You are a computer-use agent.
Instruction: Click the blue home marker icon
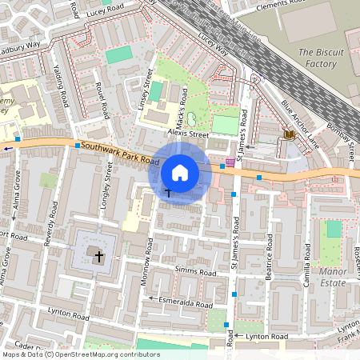(180, 173)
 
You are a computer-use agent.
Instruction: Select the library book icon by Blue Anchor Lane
(289, 135)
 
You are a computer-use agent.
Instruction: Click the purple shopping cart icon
(230, 161)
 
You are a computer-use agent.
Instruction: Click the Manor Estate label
(334, 276)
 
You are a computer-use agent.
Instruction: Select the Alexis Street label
(187, 134)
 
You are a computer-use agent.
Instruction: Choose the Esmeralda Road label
(185, 305)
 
